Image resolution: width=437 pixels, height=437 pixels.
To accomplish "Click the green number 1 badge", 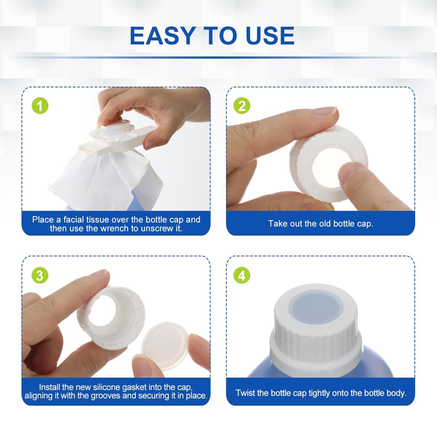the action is pos(40,106).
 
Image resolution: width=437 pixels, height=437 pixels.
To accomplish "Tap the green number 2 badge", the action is pos(242,106).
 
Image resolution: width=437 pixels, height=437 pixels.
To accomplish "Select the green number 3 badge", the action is pos(40,276).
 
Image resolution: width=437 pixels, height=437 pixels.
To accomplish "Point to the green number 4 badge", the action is pos(242,276).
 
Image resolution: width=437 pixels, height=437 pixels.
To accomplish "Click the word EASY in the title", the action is pos(163,36).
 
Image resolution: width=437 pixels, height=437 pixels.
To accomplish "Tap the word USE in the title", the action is pos(270,36).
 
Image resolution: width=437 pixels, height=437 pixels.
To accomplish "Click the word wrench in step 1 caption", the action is pos(115,228).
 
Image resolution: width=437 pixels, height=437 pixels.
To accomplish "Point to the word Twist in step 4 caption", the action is pos(245,393).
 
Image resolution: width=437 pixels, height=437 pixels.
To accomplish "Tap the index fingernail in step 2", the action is pos(326,111).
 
